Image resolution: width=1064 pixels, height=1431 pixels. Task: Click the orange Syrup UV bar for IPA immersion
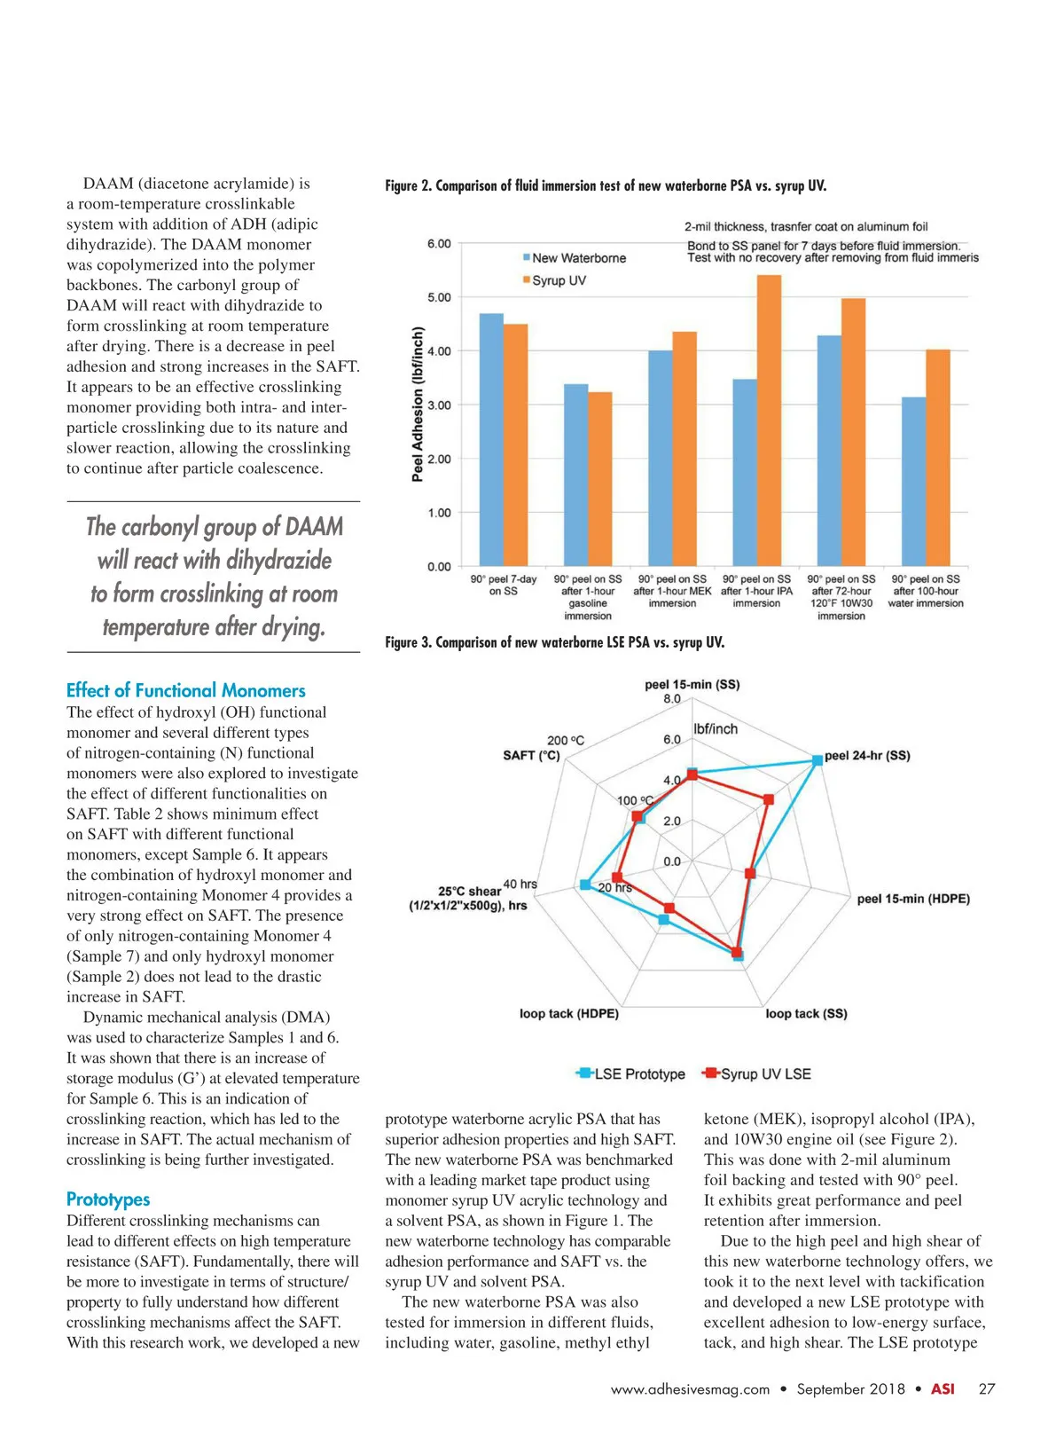pos(769,421)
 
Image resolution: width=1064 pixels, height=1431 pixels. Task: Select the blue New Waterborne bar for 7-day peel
pos(491,440)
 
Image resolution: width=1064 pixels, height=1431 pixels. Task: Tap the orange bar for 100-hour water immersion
pos(938,458)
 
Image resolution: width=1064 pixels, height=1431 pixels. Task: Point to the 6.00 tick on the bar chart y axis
pos(439,244)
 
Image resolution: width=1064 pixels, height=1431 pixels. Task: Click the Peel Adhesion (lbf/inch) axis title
pos(418,405)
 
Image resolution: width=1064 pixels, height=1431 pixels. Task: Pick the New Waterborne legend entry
pos(578,258)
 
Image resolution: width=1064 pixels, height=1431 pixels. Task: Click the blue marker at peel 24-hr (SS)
pos(818,760)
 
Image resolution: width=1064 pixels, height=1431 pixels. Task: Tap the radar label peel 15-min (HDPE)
pos(913,899)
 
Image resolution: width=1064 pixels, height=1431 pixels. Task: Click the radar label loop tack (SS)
pos(806,1013)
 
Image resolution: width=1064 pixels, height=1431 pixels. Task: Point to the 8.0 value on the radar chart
pos(672,699)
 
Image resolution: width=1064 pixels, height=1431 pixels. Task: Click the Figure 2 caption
pos(606,185)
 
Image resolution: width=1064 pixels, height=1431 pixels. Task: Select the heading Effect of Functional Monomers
pos(186,690)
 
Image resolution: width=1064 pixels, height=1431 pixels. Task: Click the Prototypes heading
pos(108,1199)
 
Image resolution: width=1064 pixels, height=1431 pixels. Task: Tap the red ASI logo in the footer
pos(943,1389)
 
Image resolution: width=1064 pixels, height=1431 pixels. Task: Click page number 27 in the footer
pos(987,1389)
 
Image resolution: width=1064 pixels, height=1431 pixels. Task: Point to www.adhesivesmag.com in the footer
pos(690,1389)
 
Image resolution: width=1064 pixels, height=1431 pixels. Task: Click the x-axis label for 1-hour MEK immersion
pos(672,591)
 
